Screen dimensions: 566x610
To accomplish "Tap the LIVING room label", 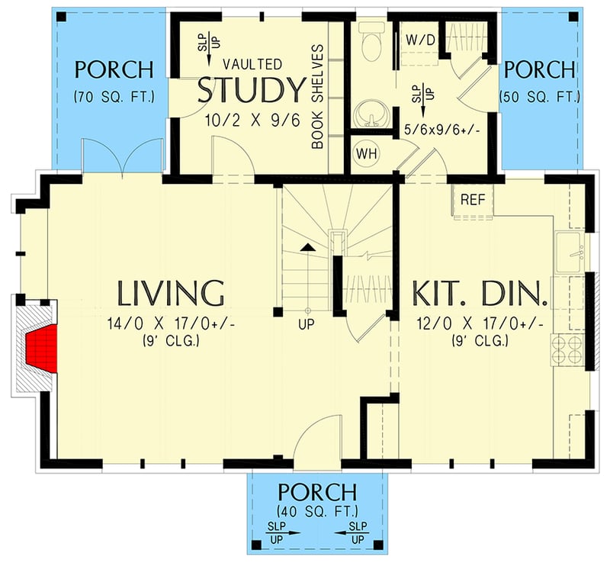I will point(171,293).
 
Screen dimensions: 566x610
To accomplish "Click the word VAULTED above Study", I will point(252,64).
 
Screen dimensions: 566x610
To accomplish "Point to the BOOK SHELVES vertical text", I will point(318,95).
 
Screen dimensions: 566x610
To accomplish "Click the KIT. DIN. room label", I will point(480,293).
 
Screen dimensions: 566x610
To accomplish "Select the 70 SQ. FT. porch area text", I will point(114,97).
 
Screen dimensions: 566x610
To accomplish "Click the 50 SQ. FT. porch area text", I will point(540,97).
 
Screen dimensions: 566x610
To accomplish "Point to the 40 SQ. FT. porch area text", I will point(316,510).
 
